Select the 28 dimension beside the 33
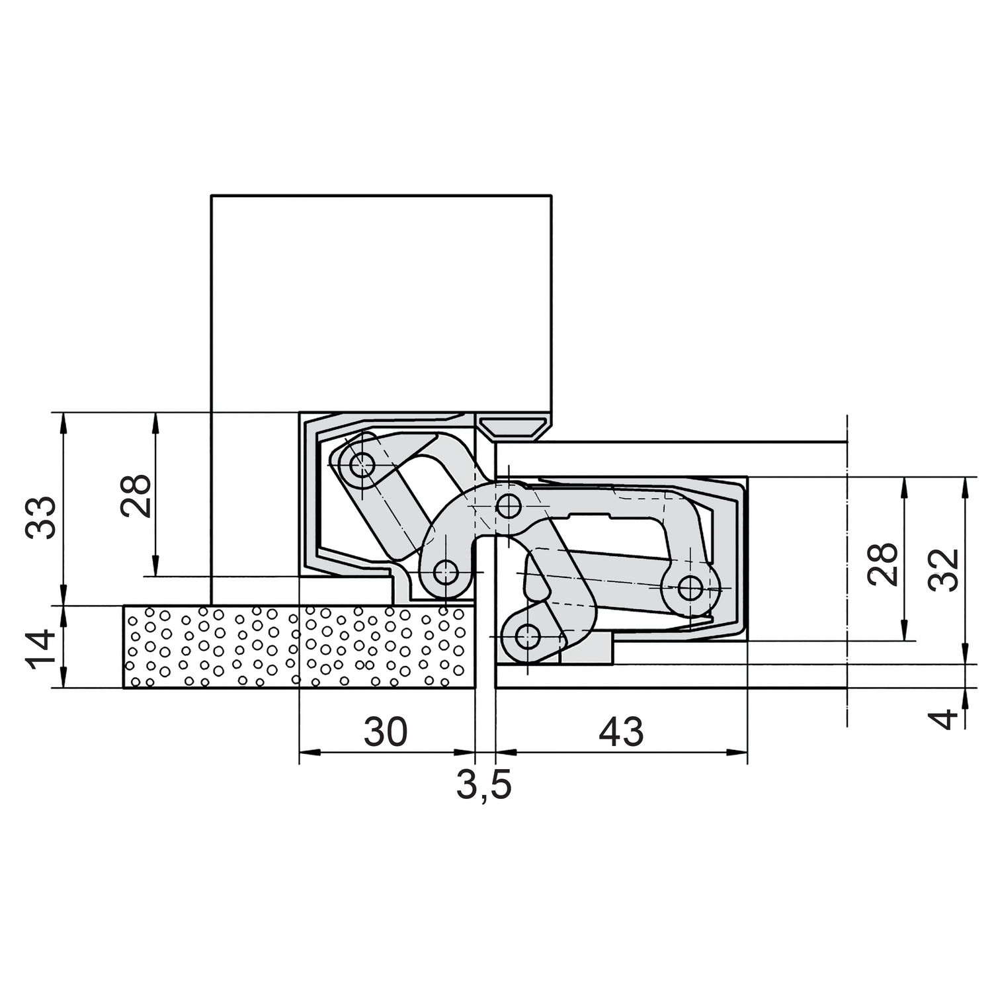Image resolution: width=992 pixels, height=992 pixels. (137, 497)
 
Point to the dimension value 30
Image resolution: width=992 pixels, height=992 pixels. (386, 732)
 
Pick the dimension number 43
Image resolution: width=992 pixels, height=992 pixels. (620, 732)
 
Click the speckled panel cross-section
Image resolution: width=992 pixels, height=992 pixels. (300, 647)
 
